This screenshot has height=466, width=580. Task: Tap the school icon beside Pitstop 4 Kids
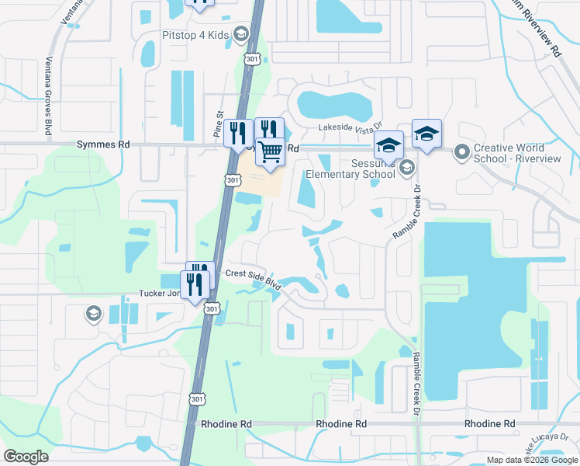tap(240, 34)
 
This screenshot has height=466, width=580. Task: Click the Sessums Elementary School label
tap(351, 169)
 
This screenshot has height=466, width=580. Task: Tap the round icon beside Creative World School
tap(462, 151)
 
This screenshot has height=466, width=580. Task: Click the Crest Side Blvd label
tap(253, 278)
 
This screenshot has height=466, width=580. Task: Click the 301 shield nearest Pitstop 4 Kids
tap(252, 58)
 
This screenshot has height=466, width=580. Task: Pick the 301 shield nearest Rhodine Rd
tap(196, 399)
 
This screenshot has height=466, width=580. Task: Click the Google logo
tap(26, 456)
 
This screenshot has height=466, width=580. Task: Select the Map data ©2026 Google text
tap(531, 460)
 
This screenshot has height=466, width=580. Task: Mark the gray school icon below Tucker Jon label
tap(93, 314)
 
